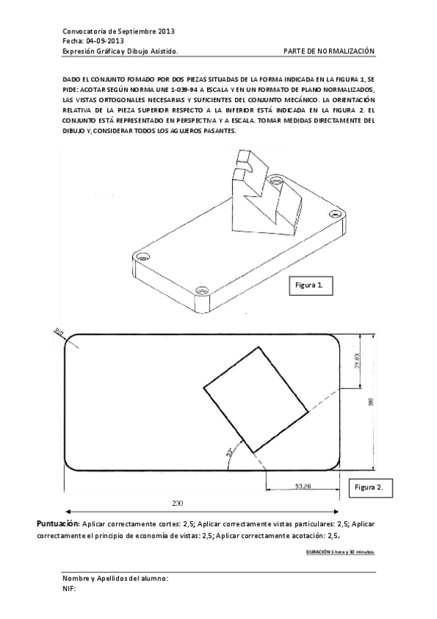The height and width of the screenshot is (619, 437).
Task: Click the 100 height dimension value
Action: [371, 402]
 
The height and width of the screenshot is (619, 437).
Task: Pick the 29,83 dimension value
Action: [356, 361]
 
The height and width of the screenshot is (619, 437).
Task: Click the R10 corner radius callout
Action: [58, 333]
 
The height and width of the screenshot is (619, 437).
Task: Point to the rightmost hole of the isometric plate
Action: [335, 213]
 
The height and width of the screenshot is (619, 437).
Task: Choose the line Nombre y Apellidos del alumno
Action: [116, 578]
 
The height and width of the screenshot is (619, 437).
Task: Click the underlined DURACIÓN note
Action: [341, 552]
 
